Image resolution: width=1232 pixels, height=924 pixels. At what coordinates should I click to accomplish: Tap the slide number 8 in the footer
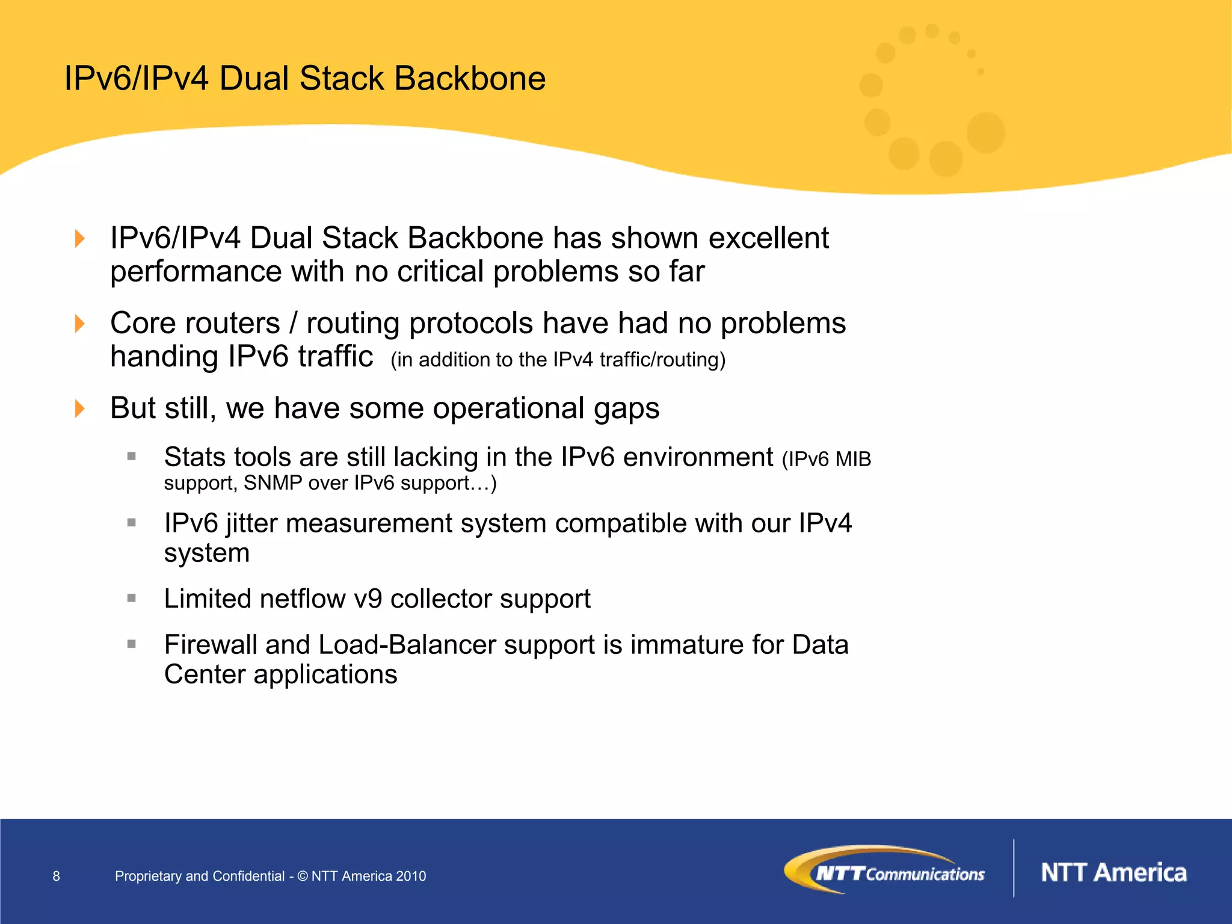pyautogui.click(x=57, y=876)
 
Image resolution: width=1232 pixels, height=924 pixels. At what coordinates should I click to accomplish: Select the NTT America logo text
pyautogui.click(x=1113, y=872)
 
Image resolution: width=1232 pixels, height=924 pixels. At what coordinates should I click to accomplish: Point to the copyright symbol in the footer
pyautogui.click(x=303, y=876)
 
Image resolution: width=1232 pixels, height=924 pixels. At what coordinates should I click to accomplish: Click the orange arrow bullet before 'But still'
pyautogui.click(x=79, y=408)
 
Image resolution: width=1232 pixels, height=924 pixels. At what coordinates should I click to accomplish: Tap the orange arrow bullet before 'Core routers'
pyautogui.click(x=79, y=324)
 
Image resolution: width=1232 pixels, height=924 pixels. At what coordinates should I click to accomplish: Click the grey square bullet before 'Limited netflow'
pyautogui.click(x=132, y=598)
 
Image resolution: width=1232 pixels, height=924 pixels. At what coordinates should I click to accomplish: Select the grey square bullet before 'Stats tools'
pyautogui.click(x=132, y=457)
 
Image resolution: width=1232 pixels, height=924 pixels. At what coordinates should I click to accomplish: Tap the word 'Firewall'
pyautogui.click(x=211, y=645)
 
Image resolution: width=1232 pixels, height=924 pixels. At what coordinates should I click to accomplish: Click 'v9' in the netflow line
pyautogui.click(x=368, y=599)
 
